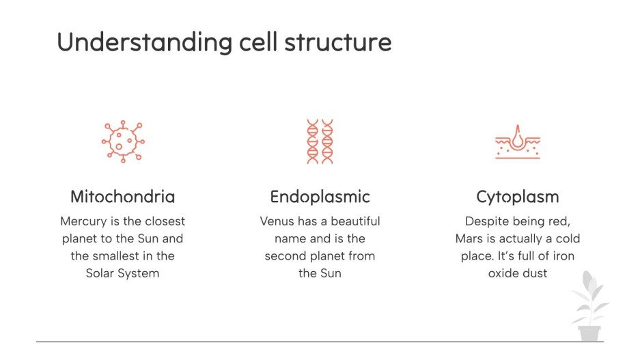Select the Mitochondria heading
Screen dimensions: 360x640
123,197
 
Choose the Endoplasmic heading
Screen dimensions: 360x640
320,197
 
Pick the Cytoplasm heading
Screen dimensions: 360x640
517,197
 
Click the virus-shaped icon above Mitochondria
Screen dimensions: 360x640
123,141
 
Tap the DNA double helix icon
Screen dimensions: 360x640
320,141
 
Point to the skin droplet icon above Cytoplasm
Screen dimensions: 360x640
517,141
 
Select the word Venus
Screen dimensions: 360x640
277,221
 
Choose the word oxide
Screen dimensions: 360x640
503,273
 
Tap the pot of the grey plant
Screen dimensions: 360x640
589,333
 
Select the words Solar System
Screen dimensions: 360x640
123,273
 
